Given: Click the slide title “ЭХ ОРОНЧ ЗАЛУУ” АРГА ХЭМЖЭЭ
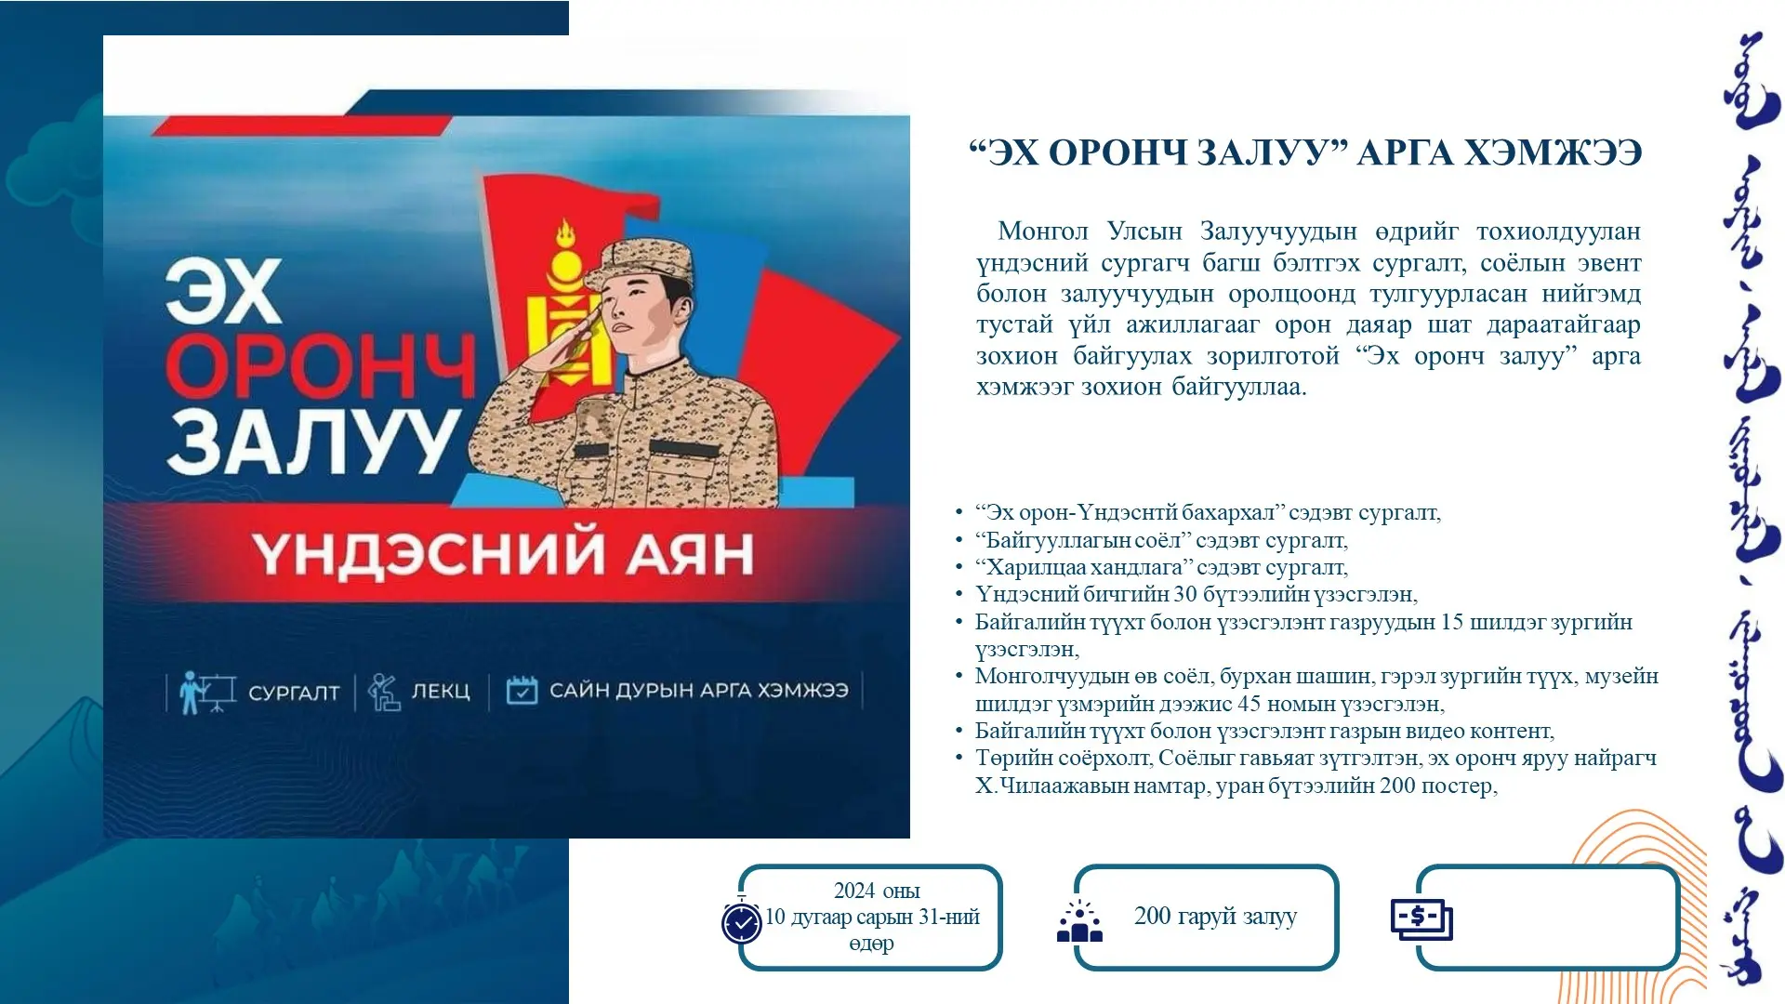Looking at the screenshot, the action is coord(1305,152).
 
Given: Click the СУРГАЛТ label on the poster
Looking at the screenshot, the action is coord(294,693).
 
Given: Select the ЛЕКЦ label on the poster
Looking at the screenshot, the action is coord(441,692).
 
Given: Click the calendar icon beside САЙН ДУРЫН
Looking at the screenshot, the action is coord(522,690).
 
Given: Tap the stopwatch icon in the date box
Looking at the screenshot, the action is coord(742,920).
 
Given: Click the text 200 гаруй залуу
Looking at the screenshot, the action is coord(1215,917).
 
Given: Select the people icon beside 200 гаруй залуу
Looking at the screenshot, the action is coord(1079,920).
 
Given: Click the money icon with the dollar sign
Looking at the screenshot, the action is coord(1421,919).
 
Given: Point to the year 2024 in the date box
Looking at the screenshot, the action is coord(853,891).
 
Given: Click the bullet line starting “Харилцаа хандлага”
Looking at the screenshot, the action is coord(1161,567).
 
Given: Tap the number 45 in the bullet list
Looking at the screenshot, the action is coord(1249,704).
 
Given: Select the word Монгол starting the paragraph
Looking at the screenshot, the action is coord(1042,231).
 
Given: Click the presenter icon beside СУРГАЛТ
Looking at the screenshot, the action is coord(206,692).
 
